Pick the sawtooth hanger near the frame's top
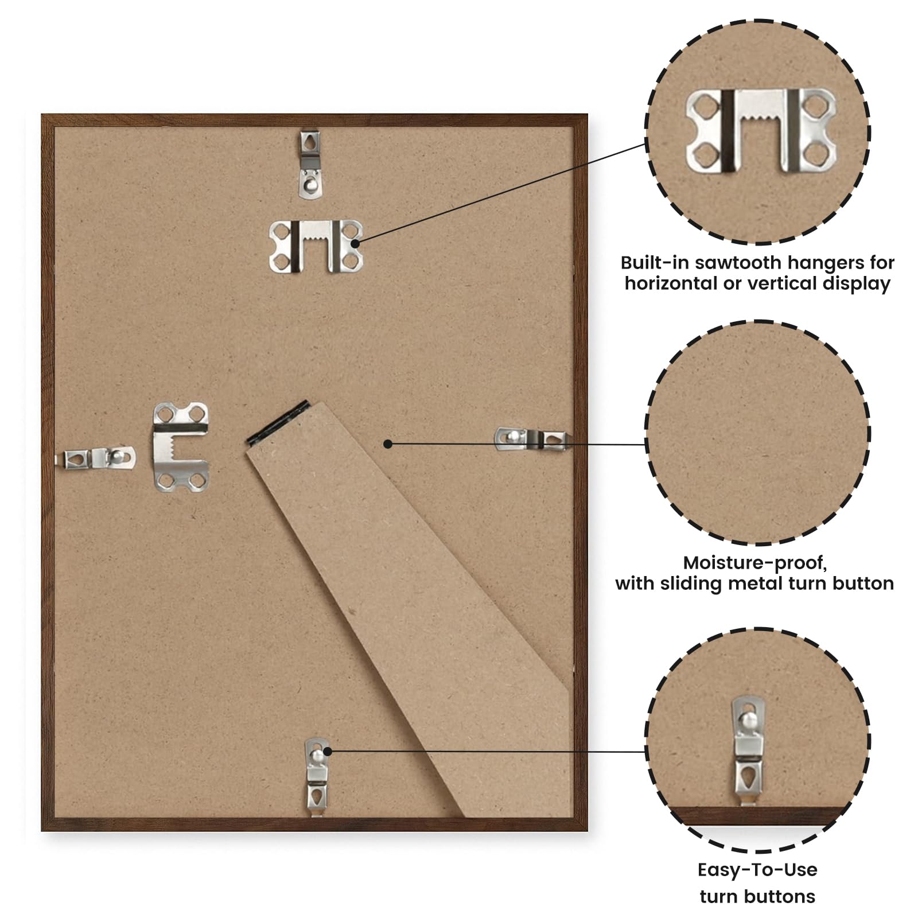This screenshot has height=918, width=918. click(x=316, y=246)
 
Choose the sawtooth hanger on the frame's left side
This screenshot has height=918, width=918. click(x=181, y=447)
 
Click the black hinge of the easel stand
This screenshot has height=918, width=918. click(x=278, y=423)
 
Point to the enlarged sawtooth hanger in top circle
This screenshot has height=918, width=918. click(x=760, y=131)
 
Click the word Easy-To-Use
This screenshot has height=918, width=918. click(x=757, y=870)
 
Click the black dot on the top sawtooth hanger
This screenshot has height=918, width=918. click(x=355, y=243)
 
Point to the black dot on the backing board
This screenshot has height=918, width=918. click(x=388, y=444)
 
